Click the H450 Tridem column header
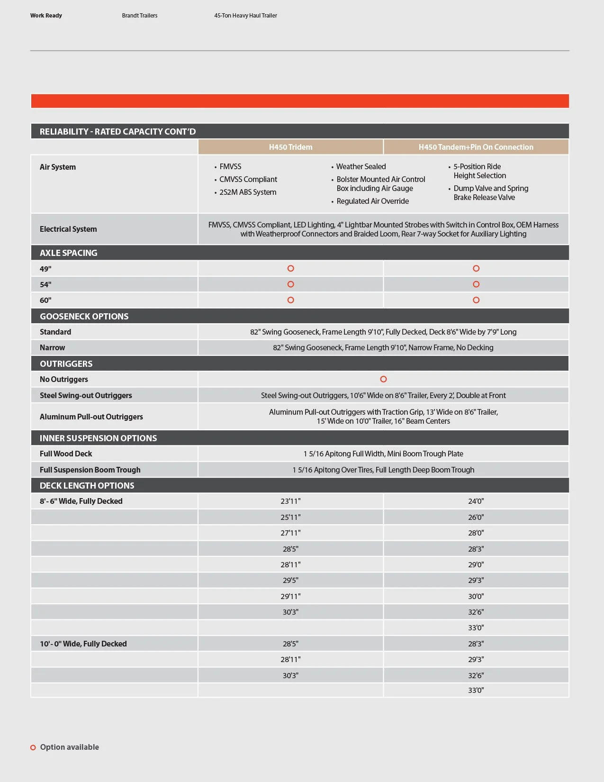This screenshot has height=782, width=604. pyautogui.click(x=290, y=147)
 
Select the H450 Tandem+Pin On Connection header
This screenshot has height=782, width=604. pyautogui.click(x=476, y=147)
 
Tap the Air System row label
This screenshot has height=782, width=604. pyautogui.click(x=58, y=167)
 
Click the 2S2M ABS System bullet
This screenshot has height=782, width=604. pyautogui.click(x=247, y=192)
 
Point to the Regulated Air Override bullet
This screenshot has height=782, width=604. pyautogui.click(x=372, y=201)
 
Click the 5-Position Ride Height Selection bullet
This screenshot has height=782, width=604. pyautogui.click(x=479, y=171)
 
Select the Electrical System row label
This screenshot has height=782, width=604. pyautogui.click(x=68, y=229)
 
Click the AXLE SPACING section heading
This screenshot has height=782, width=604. pyautogui.click(x=69, y=253)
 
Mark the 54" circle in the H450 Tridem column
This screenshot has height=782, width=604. pyautogui.click(x=291, y=284)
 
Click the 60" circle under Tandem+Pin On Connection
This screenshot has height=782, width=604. pyautogui.click(x=476, y=300)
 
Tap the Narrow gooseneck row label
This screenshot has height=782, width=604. pyautogui.click(x=53, y=347)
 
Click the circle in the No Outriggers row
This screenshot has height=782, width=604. pyautogui.click(x=383, y=379)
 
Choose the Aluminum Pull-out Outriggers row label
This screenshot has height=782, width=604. pyautogui.click(x=91, y=417)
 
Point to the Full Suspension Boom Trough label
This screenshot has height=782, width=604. pyautogui.click(x=90, y=470)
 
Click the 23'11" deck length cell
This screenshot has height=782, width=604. pyautogui.click(x=290, y=501)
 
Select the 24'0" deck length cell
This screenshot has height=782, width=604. pyautogui.click(x=476, y=501)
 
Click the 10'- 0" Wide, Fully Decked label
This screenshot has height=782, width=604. pyautogui.click(x=83, y=644)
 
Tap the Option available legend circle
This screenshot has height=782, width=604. pyautogui.click(x=33, y=747)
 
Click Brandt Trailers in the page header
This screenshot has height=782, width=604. pyautogui.click(x=140, y=16)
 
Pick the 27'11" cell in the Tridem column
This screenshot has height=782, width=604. pyautogui.click(x=290, y=533)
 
